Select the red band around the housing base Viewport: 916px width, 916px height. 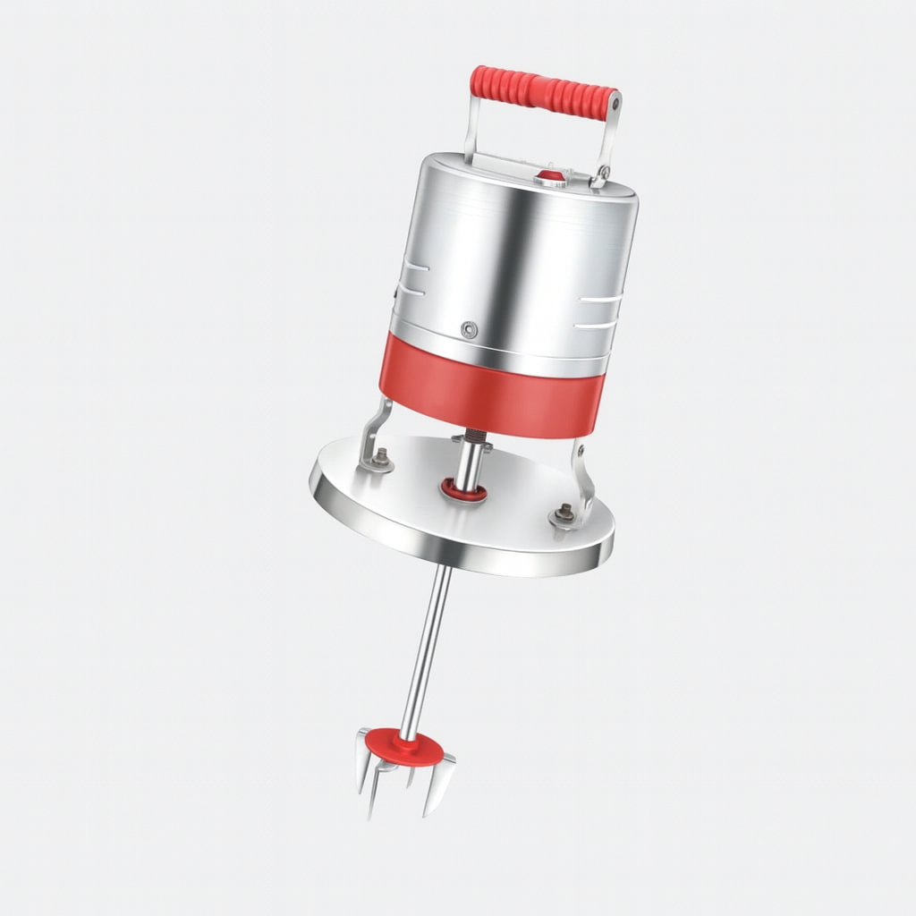(492, 394)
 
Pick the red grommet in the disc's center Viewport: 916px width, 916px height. (462, 488)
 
